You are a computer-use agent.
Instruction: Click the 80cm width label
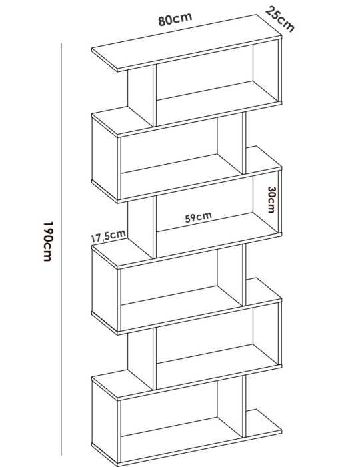pos(175,19)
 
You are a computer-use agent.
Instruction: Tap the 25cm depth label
pos(280,19)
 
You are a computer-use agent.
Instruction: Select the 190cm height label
pos(48,242)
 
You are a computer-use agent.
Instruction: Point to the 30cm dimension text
pos(271,200)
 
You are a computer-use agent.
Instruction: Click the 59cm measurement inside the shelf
pos(198,217)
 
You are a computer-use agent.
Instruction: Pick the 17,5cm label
pos(108,236)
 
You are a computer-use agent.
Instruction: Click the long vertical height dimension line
pos(61,249)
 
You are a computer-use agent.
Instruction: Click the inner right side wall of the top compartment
pos(266,71)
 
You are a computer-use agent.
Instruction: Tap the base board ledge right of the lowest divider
pos(263,423)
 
